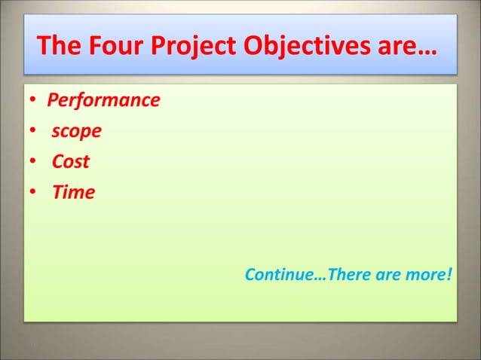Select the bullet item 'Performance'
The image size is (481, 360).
(x=103, y=100)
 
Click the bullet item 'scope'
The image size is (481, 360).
(x=77, y=131)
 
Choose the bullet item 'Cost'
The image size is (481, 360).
(x=71, y=162)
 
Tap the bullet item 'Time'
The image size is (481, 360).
(x=73, y=193)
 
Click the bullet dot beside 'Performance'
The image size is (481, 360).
(x=34, y=101)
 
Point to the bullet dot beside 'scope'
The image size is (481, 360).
(x=34, y=132)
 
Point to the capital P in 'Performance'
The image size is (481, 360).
(x=53, y=100)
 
